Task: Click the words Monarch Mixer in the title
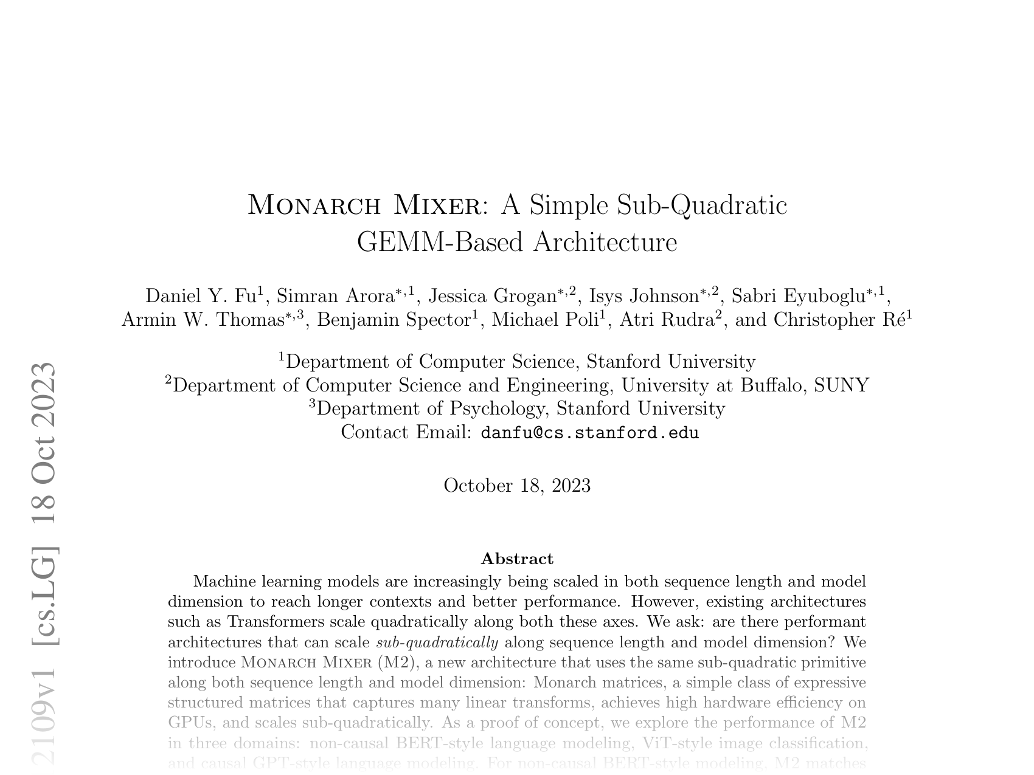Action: (363, 205)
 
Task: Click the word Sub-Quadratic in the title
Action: (702, 205)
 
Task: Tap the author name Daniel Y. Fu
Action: (201, 296)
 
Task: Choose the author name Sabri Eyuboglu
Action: (798, 296)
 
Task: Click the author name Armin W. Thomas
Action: (203, 320)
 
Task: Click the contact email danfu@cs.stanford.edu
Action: (589, 433)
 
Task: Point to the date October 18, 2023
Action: (517, 486)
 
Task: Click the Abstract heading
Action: (517, 559)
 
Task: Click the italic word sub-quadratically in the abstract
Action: (437, 642)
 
